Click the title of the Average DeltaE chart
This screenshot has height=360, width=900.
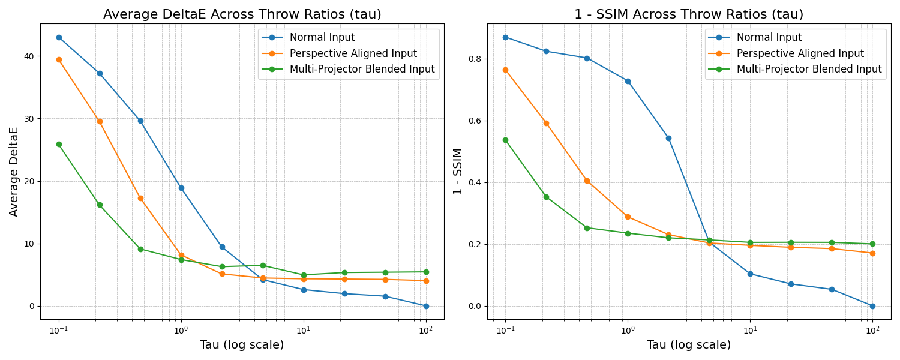[x=242, y=14]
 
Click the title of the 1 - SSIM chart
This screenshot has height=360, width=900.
[x=688, y=14]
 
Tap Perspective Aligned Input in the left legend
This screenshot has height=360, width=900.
[x=353, y=53]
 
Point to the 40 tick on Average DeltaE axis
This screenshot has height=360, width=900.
[x=29, y=56]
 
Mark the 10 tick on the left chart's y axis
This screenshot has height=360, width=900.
[x=29, y=244]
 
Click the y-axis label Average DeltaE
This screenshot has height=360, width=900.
[x=14, y=172]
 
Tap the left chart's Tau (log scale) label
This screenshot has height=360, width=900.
[x=242, y=345]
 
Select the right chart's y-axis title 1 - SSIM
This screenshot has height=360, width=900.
[x=458, y=172]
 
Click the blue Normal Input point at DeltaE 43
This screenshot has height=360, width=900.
[x=59, y=37]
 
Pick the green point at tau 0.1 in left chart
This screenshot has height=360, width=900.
[x=59, y=144]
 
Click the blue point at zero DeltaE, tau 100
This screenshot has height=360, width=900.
[x=426, y=306]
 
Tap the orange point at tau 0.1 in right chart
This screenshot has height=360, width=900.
[x=505, y=70]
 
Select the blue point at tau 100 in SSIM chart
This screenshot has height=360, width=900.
[x=872, y=306]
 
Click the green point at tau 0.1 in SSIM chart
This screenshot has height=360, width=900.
[x=505, y=140]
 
